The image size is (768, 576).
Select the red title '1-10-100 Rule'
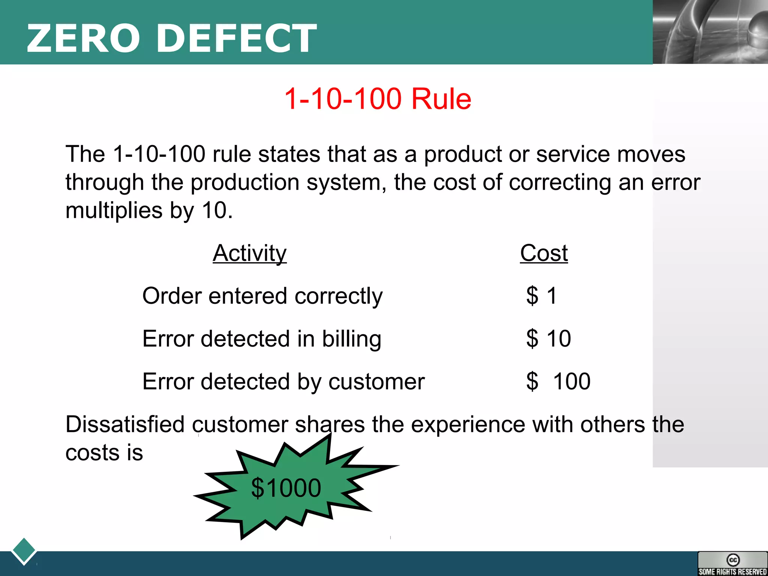(x=378, y=99)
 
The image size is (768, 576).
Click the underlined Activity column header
(x=249, y=253)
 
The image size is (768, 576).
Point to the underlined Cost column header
(x=544, y=253)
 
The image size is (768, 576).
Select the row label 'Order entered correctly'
(x=262, y=296)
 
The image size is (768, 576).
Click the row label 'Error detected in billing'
(x=262, y=339)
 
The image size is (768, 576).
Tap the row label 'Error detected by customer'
(x=283, y=381)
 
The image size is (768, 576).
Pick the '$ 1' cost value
(x=541, y=296)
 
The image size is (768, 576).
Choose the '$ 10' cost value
(x=548, y=339)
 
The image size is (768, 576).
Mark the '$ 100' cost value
(x=558, y=381)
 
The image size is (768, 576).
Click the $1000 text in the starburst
(x=286, y=488)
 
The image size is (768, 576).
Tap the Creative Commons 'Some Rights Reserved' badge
(x=732, y=564)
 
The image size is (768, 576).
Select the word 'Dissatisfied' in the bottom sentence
(x=125, y=424)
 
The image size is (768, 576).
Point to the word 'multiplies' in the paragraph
(x=114, y=210)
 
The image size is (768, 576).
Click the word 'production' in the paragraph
(x=245, y=182)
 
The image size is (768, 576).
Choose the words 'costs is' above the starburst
(x=104, y=453)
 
